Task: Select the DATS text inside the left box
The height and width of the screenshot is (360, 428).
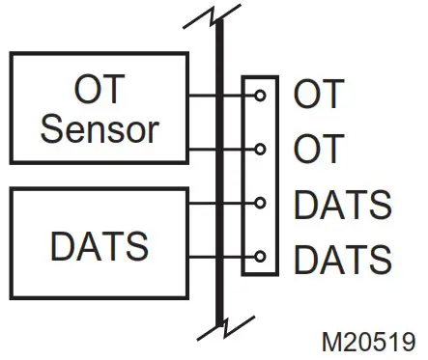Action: point(99,246)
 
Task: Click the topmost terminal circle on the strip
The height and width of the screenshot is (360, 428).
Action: point(260,96)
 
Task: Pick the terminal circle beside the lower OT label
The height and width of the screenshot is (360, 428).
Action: point(260,150)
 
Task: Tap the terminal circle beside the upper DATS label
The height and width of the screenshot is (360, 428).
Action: point(260,204)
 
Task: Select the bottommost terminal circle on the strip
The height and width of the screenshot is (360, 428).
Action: point(260,258)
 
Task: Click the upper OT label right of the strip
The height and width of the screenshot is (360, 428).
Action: point(318,96)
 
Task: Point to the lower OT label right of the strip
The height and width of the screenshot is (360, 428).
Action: point(318,150)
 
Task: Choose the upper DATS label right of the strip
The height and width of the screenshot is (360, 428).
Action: point(343,205)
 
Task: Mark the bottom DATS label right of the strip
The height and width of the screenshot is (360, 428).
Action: point(343,259)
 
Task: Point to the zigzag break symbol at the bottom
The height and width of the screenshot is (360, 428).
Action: point(222,328)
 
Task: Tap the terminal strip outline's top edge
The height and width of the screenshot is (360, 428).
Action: point(260,77)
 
